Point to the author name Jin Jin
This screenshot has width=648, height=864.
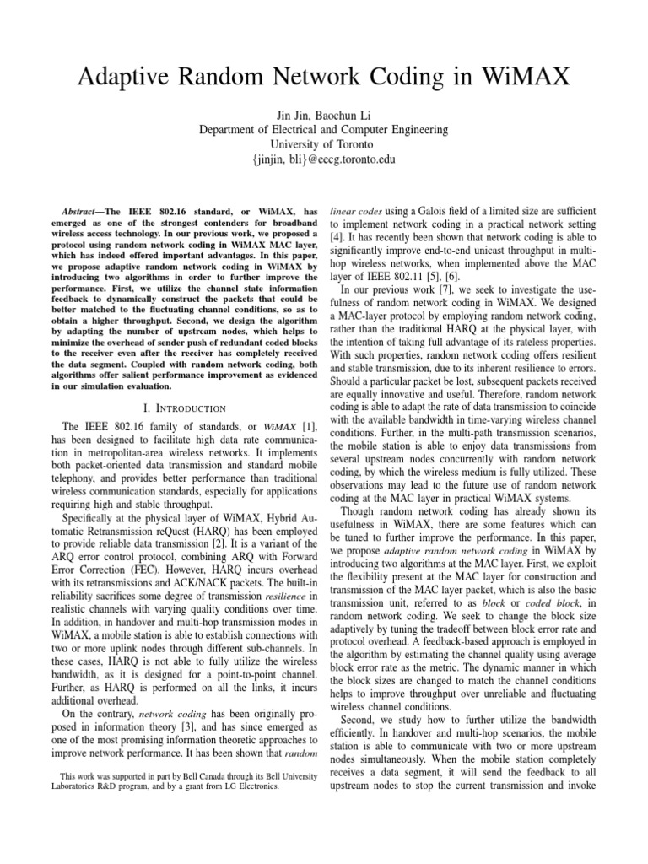point(288,116)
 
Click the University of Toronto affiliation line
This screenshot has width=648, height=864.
point(324,144)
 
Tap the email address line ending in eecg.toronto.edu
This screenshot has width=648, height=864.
point(324,159)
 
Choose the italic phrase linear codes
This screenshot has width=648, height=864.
point(359,209)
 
